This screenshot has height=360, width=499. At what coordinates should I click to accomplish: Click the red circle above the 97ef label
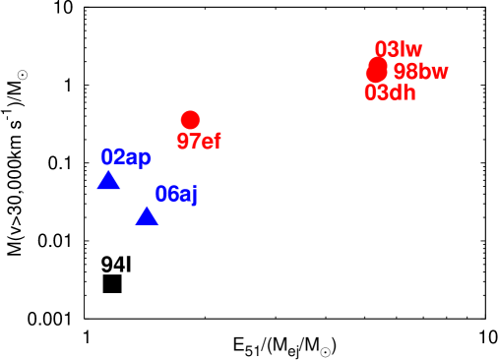coord(190,119)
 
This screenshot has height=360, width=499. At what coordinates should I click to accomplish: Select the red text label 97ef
coord(199,142)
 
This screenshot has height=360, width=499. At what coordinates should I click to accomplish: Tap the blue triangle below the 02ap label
coord(108,181)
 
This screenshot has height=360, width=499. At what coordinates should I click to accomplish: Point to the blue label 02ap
coord(126,157)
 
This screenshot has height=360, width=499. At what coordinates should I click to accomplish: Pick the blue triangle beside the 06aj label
coord(147,216)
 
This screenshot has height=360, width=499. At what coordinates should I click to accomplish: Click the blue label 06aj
coord(176,195)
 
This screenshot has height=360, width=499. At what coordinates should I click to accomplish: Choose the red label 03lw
coord(399,49)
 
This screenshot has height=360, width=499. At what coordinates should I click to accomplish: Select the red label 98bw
coord(420,72)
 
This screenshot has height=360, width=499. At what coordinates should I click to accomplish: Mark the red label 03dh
coord(390,93)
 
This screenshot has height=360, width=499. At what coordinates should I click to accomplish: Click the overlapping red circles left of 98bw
coord(376,70)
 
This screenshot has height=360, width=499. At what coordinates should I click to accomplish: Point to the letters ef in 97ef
coord(211,142)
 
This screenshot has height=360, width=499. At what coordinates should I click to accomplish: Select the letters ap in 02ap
coord(139,158)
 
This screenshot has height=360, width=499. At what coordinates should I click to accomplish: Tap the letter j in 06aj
coord(194,196)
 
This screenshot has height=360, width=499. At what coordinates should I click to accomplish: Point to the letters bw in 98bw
coord(433,72)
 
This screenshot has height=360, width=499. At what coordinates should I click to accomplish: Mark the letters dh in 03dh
coord(403,93)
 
